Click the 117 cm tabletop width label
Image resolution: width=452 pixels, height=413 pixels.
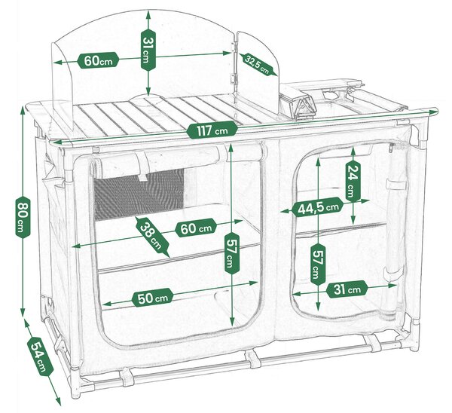(x=212, y=130)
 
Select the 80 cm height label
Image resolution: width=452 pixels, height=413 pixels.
(x=23, y=216)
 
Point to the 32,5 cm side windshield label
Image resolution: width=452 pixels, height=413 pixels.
(x=258, y=65)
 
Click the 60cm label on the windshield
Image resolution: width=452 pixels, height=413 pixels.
(x=98, y=60)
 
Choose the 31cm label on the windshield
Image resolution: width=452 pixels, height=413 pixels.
(x=148, y=50)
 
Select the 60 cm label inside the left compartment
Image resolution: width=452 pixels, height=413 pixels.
(x=196, y=228)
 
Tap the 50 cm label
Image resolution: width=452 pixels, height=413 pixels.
(x=153, y=298)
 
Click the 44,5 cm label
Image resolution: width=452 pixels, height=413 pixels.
(x=317, y=206)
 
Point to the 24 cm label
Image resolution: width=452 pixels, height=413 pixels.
(x=353, y=181)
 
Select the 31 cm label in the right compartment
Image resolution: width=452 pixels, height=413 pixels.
(x=347, y=289)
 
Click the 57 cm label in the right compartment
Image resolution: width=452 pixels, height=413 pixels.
(x=318, y=265)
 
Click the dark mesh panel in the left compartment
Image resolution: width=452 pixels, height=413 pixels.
(x=139, y=195)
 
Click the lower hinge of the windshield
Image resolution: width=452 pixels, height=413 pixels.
(x=232, y=78)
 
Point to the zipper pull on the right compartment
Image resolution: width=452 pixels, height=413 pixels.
(x=391, y=148)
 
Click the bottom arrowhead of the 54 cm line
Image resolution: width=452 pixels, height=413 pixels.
(x=58, y=401)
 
